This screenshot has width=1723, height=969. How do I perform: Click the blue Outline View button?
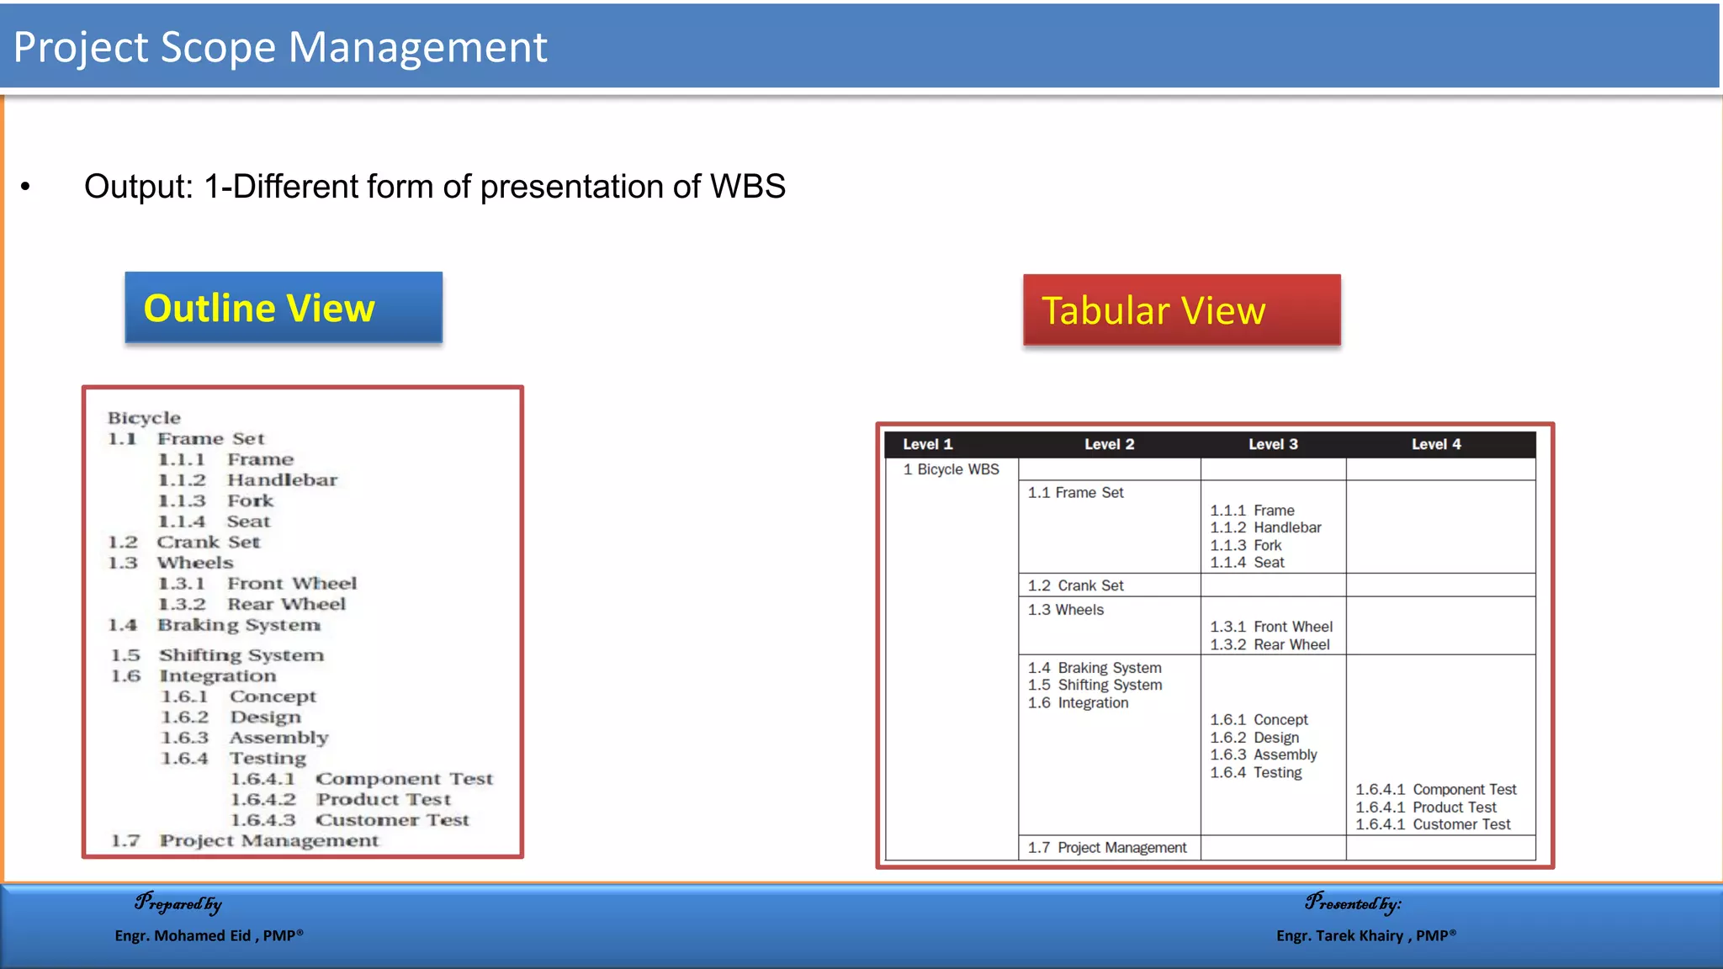[x=284, y=308]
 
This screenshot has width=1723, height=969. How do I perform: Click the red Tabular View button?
[x=1181, y=310]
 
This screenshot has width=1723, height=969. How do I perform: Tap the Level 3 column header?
[x=1272, y=444]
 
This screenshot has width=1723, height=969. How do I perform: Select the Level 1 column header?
[x=927, y=444]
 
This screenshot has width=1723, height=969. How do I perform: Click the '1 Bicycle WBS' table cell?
[x=951, y=469]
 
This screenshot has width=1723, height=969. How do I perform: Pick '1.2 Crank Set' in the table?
[x=1075, y=585]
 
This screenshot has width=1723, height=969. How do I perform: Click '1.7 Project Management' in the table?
[x=1106, y=848]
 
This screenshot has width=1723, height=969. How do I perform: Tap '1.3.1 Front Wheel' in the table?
[x=1270, y=627]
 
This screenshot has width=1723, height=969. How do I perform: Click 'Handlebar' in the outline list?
[x=282, y=480]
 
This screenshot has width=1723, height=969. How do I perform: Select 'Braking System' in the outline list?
[x=239, y=625]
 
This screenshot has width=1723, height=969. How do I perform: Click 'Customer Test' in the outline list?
[x=392, y=820]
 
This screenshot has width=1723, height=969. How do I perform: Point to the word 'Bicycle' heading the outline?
[x=144, y=418]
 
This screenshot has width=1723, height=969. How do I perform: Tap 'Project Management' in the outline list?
[x=269, y=841]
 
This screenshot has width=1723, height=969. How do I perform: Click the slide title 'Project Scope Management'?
[x=280, y=47]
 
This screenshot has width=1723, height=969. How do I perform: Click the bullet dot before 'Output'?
[x=26, y=187]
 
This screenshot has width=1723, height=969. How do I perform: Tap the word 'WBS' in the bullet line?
[x=747, y=187]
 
